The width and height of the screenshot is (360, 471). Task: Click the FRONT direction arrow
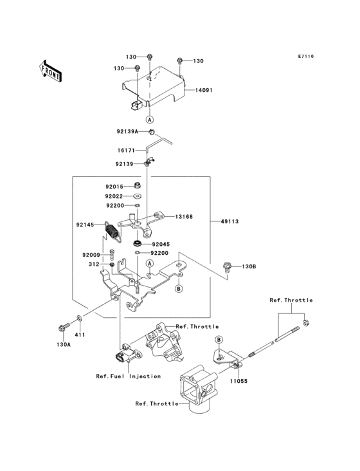coord(50,71)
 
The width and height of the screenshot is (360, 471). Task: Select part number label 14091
coord(204,90)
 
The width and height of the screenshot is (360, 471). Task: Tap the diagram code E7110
coord(306,56)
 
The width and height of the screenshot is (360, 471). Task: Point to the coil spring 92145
coord(113,232)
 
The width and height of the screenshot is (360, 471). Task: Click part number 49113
coord(230,221)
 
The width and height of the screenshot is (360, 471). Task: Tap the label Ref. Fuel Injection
coord(129,376)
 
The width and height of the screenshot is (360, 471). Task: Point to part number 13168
coord(184,217)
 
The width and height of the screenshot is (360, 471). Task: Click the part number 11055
coord(239,381)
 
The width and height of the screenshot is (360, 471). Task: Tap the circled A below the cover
coord(149,119)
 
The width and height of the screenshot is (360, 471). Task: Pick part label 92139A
coord(127,131)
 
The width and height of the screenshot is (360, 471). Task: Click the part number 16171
coord(126,150)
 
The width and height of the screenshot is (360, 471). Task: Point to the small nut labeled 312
coord(113,264)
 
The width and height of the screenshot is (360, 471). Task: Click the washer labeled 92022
coord(138,196)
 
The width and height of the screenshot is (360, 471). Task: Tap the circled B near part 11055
coord(219,340)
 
